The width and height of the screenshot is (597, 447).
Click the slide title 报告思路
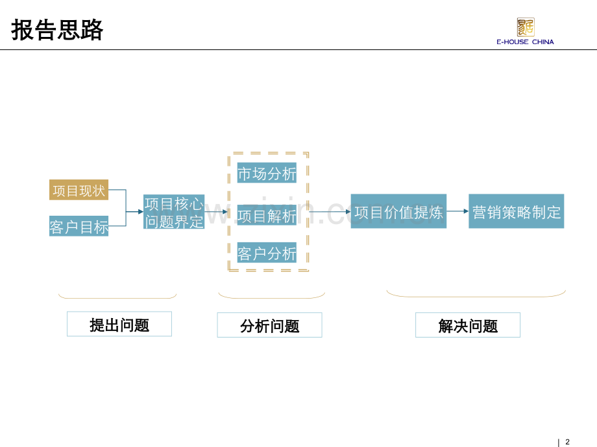click(57, 30)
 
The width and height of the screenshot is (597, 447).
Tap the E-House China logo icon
click(525, 27)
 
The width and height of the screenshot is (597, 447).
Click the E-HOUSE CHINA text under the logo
click(525, 42)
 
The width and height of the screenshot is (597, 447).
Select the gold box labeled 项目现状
click(79, 190)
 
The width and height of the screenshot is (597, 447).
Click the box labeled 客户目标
click(79, 226)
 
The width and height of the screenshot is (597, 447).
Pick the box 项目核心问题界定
click(173, 212)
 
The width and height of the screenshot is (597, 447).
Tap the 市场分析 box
click(267, 173)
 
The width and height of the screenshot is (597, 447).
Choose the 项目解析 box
click(267, 215)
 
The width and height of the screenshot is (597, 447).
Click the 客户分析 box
click(267, 253)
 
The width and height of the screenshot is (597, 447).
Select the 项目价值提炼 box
click(398, 211)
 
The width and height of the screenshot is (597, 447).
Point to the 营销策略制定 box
click(516, 211)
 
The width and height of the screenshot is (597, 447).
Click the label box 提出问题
click(119, 324)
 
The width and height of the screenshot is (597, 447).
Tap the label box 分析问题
click(269, 325)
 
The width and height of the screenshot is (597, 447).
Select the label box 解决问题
click(467, 325)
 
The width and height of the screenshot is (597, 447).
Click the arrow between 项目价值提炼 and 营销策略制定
click(457, 211)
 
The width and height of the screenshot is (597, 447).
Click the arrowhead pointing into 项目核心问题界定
click(140, 212)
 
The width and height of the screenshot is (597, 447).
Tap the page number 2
click(567, 442)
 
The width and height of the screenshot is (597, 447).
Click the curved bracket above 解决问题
click(476, 295)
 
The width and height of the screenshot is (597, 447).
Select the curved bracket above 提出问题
click(117, 297)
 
